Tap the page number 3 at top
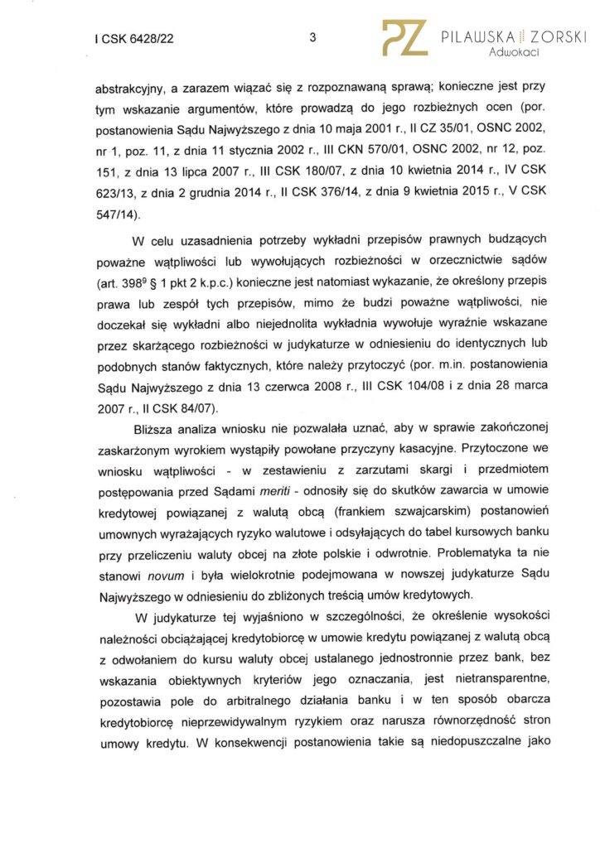click(x=312, y=37)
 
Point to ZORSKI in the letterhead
click(x=556, y=36)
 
